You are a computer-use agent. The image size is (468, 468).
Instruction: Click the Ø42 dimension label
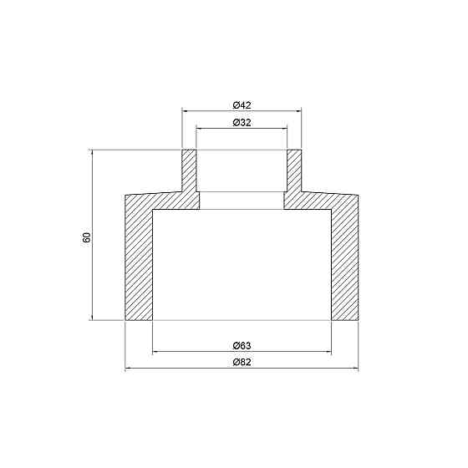(242, 104)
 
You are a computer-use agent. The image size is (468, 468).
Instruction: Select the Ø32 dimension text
(242, 122)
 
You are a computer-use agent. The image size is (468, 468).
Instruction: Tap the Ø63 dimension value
(242, 346)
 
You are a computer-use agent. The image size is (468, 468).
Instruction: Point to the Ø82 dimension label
(242, 363)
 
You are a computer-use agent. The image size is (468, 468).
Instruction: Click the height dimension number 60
(86, 237)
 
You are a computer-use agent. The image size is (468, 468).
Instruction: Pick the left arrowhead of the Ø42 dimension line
(186, 111)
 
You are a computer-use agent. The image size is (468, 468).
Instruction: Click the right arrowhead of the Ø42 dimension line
(298, 111)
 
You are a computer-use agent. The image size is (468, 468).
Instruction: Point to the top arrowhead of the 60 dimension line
(90, 154)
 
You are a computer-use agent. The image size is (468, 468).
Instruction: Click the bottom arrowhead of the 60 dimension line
(90, 317)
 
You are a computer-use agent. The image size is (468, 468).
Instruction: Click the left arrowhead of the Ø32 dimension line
(200, 128)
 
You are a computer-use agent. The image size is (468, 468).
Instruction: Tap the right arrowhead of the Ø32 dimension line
(284, 128)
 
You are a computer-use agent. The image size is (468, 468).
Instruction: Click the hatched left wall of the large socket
(139, 259)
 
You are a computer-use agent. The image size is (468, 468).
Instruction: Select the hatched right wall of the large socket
(345, 259)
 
